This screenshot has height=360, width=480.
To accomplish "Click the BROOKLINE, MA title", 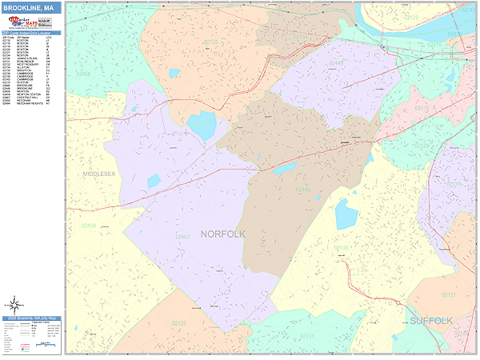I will pos(32,8).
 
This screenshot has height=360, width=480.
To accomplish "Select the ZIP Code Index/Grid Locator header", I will pos(32,31).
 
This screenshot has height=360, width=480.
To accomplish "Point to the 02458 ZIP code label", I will pos(83,73).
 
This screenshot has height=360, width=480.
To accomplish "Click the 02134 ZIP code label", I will pos(210,42).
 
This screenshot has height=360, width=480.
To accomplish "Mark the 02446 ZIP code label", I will pos(337,62).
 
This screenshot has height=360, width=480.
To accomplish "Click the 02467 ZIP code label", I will pos(182,237).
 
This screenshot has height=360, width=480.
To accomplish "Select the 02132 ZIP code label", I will pos(178,322).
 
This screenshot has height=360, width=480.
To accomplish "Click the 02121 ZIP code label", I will pos(448,294).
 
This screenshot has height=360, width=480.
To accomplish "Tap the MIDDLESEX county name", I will pos(99,174).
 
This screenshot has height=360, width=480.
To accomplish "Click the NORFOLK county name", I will pos(223,234).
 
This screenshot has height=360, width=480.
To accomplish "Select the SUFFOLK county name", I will pos(431,321).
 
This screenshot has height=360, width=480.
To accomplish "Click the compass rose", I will pos(14,305).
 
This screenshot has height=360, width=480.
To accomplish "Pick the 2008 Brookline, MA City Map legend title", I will pos(32,318).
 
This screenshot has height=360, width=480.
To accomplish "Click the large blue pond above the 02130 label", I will pos(346,214).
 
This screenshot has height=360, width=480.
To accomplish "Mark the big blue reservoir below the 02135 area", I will pos(202,126).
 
